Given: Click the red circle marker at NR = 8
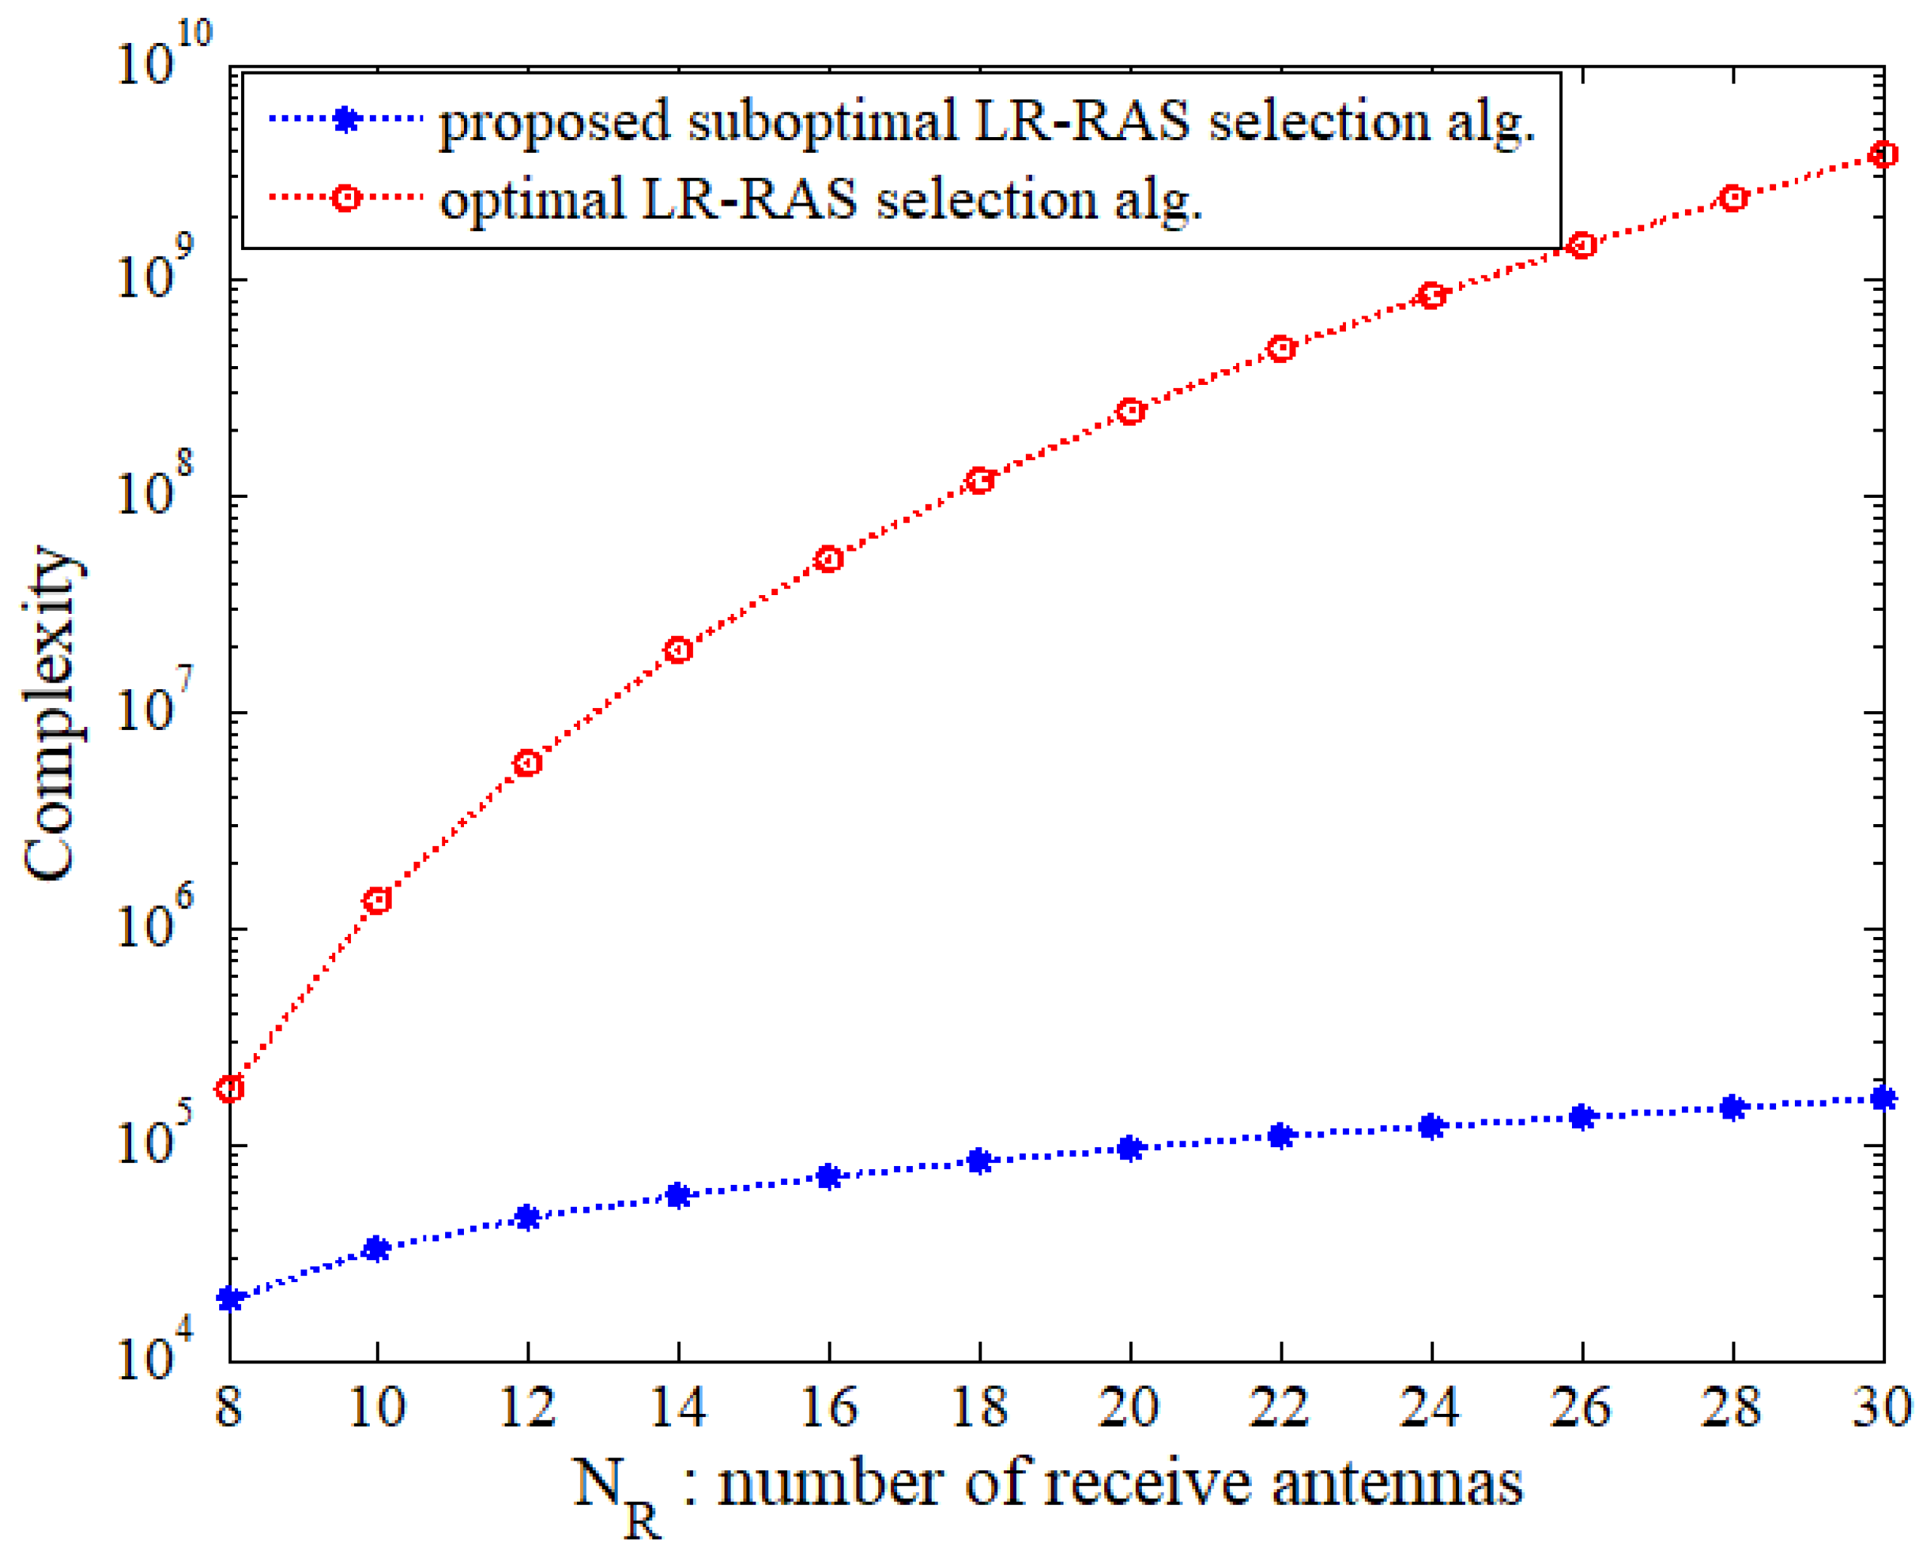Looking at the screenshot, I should click(x=230, y=1089).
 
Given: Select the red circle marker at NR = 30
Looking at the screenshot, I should click(x=1884, y=154).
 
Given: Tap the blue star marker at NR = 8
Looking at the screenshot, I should click(x=230, y=1299).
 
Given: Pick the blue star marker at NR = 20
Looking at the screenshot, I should click(x=1131, y=1148).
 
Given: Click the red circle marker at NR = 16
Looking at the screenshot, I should click(x=829, y=559).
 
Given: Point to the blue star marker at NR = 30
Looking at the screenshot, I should click(x=1884, y=1098).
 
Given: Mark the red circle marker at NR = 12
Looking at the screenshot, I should click(x=528, y=762).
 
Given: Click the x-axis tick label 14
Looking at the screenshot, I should click(x=679, y=1406).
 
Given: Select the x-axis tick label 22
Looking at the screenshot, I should click(x=1280, y=1406).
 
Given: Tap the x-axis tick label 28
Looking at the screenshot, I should click(x=1732, y=1406).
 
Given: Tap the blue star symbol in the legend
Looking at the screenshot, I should click(x=346, y=119).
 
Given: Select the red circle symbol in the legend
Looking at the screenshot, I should click(x=346, y=197).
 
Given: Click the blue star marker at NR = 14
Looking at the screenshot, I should click(x=679, y=1195).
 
